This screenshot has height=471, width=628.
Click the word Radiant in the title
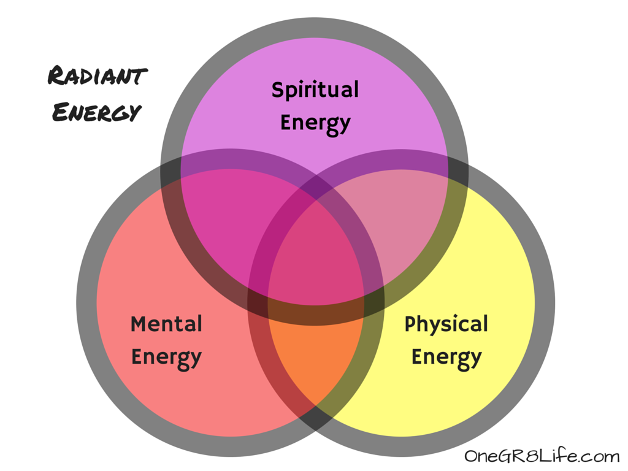click(98, 77)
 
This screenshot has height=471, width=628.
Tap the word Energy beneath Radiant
click(96, 112)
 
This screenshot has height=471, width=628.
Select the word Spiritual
click(315, 90)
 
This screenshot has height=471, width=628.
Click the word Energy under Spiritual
click(315, 122)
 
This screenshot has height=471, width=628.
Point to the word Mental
click(166, 324)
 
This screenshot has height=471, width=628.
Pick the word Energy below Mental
click(166, 357)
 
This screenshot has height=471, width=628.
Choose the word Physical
click(446, 324)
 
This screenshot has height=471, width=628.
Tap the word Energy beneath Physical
click(446, 357)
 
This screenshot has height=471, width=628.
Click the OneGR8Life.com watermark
click(542, 456)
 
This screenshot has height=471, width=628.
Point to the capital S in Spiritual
click(277, 90)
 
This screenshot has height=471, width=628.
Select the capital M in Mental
click(139, 324)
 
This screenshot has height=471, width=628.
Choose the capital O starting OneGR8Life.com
click(471, 456)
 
